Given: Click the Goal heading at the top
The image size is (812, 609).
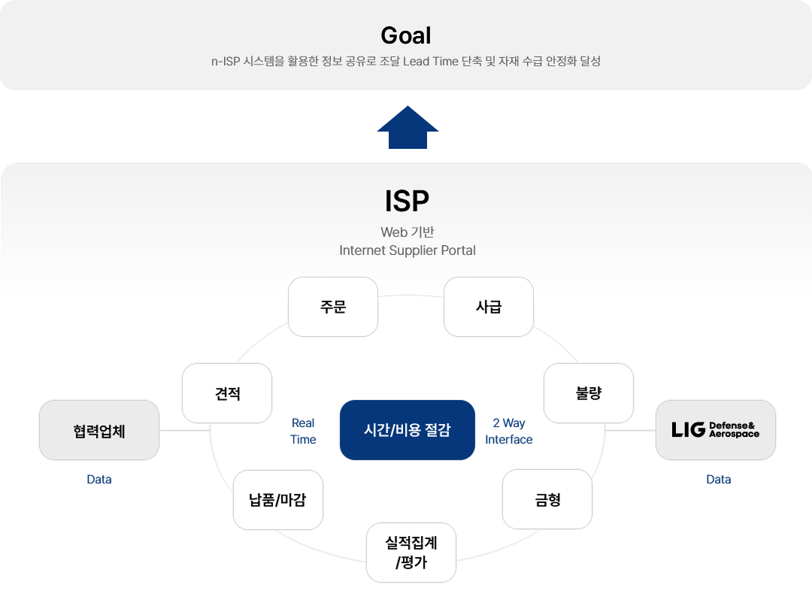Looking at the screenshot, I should [x=406, y=35].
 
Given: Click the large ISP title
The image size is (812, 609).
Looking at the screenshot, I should [x=407, y=201].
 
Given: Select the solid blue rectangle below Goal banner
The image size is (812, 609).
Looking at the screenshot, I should [x=408, y=126].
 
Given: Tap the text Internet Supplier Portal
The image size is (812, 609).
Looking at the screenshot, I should [x=407, y=250].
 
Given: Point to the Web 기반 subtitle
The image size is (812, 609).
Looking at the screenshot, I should [x=407, y=232].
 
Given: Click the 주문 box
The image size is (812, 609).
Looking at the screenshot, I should [x=333, y=307].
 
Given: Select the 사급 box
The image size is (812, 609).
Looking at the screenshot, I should [x=489, y=307].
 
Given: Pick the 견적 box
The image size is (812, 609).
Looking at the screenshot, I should [x=227, y=393].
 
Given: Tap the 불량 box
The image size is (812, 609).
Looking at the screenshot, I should [x=589, y=393].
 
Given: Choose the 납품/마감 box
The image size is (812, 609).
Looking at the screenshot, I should [x=277, y=500].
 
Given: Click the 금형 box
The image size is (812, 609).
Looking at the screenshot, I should [x=547, y=500].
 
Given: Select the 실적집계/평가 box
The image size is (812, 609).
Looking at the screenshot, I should [x=411, y=553].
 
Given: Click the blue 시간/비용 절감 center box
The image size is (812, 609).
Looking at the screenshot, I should [x=407, y=430].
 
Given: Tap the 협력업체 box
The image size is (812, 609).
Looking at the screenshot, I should [x=99, y=430].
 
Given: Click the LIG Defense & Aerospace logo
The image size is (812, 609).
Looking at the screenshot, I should [x=716, y=430].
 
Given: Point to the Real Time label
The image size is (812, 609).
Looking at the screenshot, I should [x=303, y=431].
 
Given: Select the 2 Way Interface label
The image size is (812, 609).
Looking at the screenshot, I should [x=508, y=431].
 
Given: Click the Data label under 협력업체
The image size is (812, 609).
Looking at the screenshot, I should [x=99, y=479].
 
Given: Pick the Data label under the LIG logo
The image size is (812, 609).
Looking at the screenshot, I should [x=718, y=479].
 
